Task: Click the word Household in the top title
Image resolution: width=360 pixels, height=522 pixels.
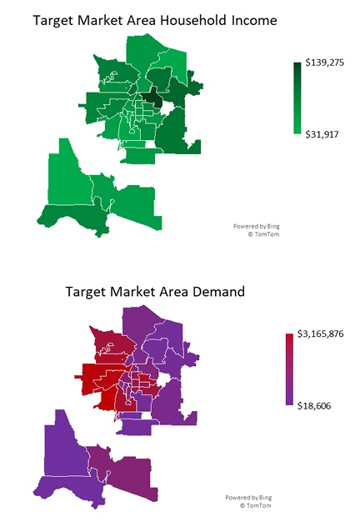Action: tap(193, 19)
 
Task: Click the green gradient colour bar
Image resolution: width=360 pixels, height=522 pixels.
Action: tap(297, 98)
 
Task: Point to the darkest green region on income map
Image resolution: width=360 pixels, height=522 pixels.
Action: tap(152, 98)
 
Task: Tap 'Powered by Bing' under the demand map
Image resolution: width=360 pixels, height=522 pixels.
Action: tap(249, 497)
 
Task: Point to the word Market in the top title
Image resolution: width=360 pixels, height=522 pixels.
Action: tap(99, 19)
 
